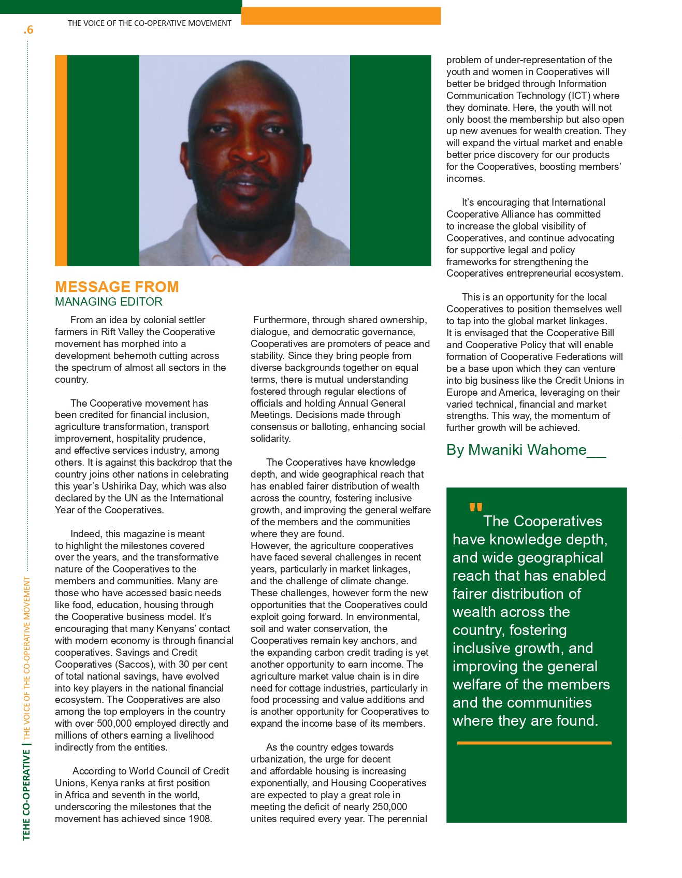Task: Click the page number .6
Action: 28,30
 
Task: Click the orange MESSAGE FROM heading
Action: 117,287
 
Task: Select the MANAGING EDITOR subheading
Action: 109,302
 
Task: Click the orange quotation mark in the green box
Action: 475,507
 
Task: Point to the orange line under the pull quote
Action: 534,743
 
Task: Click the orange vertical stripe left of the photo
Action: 61,161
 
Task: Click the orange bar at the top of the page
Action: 341,16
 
